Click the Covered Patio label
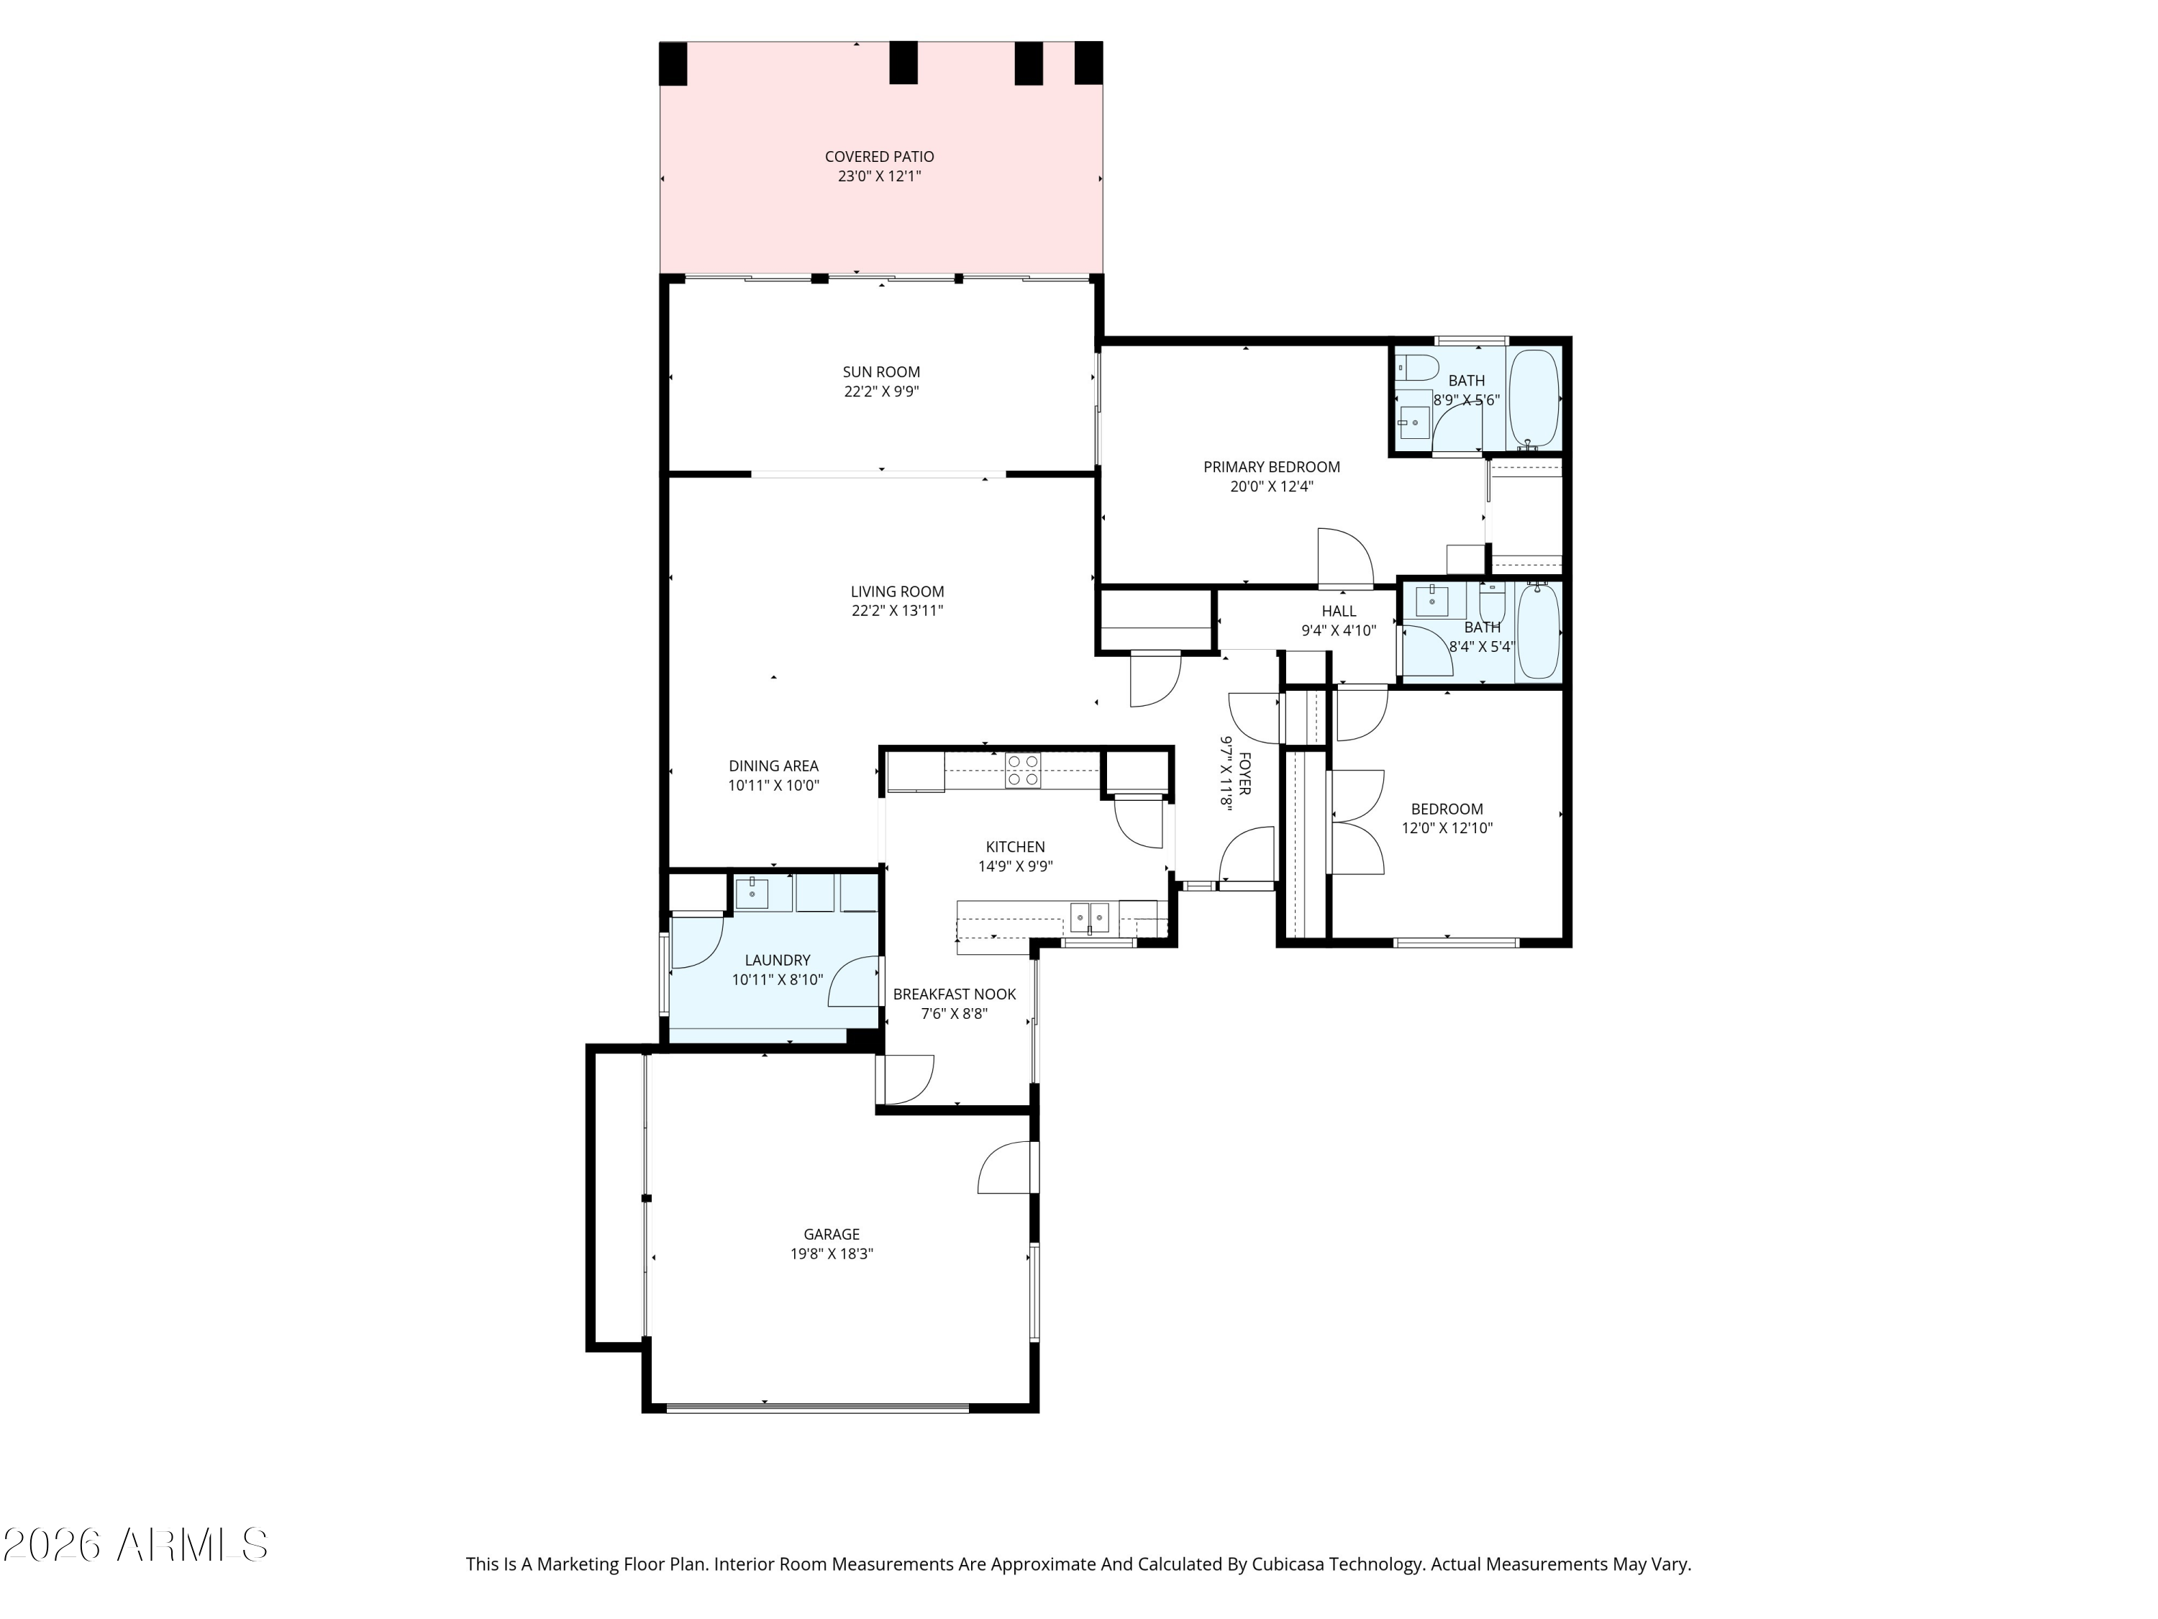point(879,156)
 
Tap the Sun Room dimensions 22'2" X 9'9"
point(882,391)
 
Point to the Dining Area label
point(773,766)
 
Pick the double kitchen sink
point(1090,917)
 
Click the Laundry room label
point(778,961)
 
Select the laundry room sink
point(751,893)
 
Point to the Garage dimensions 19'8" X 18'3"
point(832,1254)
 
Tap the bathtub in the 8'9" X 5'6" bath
point(1534,399)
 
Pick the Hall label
point(1339,611)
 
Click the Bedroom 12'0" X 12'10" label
point(1447,809)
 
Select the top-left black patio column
point(673,63)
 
